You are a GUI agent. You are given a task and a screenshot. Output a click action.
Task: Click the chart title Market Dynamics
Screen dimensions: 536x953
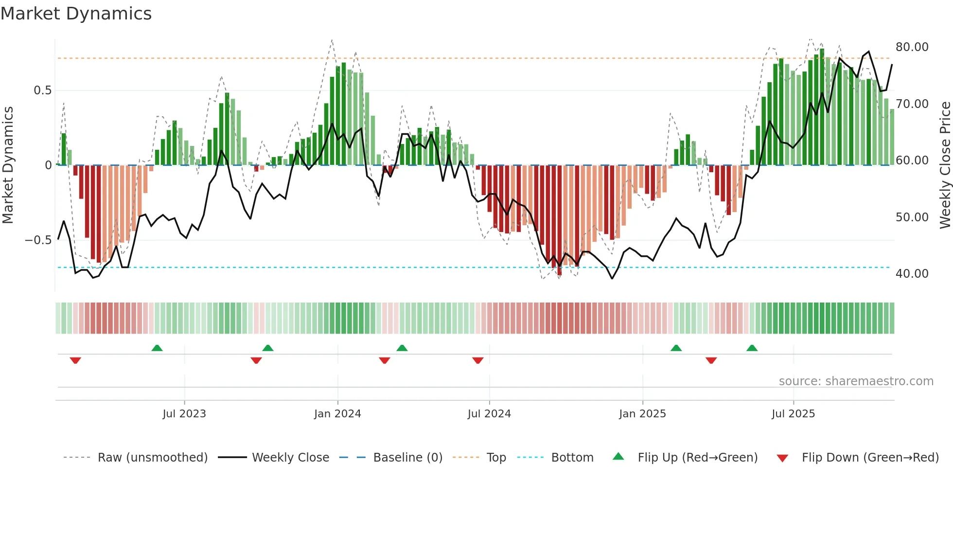(76, 14)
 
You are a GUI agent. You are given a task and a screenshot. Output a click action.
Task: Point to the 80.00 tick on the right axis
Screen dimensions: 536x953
(912, 47)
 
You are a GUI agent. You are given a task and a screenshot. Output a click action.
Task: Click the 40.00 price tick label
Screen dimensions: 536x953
(912, 274)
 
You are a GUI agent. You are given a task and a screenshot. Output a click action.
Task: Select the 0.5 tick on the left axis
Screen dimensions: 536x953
(42, 90)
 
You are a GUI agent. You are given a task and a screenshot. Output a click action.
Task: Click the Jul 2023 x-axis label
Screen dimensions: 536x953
(184, 414)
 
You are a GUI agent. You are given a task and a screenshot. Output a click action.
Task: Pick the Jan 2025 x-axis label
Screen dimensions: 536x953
(642, 414)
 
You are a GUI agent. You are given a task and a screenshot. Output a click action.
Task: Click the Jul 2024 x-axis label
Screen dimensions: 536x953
(489, 414)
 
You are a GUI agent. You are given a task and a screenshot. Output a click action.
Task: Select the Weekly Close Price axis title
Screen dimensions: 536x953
(945, 165)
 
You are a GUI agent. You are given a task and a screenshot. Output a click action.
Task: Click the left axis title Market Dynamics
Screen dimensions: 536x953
(8, 165)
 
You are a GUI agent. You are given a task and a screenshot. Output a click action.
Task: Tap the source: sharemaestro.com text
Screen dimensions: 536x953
(856, 381)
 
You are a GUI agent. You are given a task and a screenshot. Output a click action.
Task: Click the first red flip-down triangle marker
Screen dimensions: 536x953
(75, 360)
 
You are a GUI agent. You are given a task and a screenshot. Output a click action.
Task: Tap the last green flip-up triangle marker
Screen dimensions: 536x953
(752, 348)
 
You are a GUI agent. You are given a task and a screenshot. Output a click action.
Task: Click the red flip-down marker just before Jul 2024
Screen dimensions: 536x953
(478, 360)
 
